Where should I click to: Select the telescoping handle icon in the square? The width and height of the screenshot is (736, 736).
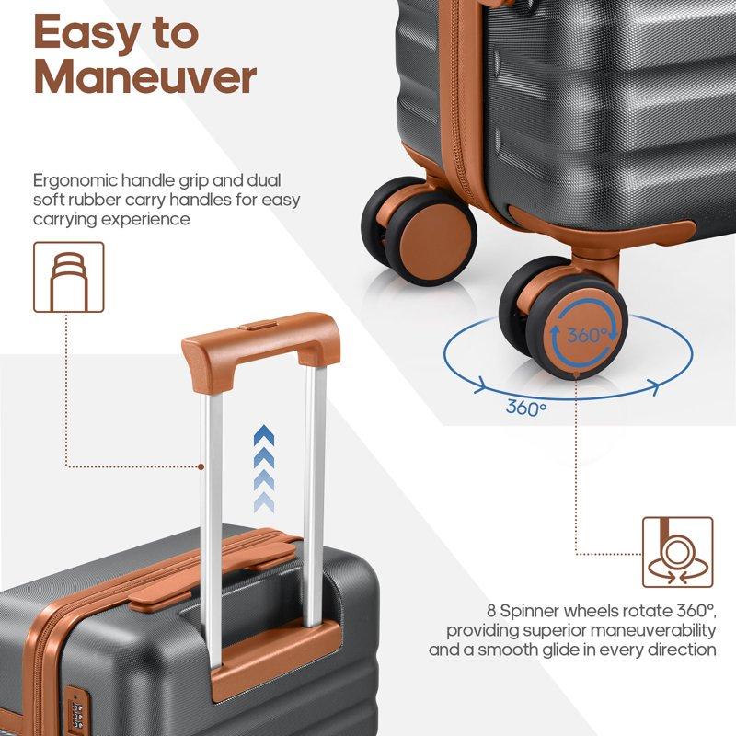(x=68, y=276)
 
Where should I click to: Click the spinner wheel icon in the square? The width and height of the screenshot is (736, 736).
(x=677, y=551)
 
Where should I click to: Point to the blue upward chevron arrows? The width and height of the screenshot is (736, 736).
(x=265, y=465)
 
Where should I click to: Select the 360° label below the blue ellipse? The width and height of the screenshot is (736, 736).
(x=525, y=408)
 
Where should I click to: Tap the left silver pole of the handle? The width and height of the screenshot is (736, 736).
(x=211, y=478)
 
